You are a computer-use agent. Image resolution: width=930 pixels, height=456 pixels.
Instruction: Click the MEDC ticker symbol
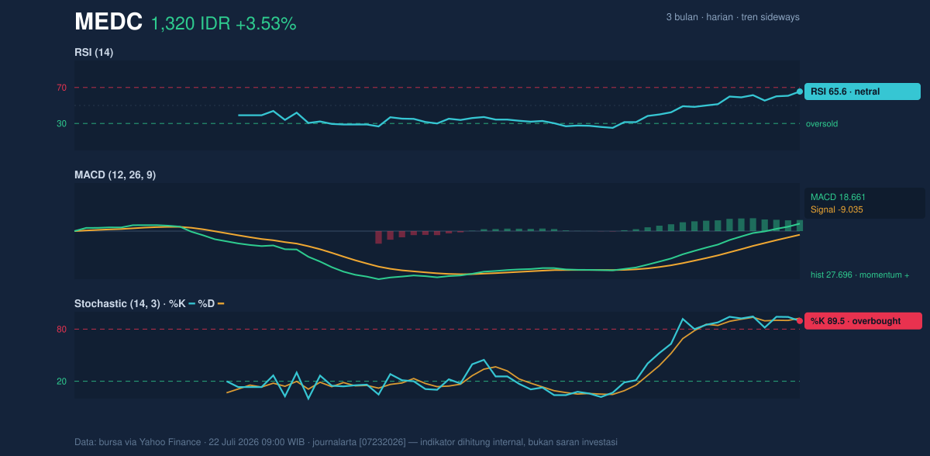108,22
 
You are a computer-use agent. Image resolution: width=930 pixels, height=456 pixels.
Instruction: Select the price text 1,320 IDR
191,24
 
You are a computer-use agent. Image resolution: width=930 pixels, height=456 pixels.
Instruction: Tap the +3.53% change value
266,24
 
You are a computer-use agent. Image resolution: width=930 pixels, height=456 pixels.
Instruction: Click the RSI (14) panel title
94,52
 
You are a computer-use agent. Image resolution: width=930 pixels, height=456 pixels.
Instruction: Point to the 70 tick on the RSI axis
61,88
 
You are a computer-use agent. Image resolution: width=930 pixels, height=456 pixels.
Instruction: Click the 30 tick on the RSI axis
61,124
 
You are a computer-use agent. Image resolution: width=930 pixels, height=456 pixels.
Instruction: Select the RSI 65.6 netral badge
863,92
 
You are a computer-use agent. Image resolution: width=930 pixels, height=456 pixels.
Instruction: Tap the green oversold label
821,124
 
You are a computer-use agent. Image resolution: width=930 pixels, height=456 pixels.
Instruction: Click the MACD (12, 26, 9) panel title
115,174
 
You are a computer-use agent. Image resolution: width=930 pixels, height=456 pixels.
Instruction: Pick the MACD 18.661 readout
838,197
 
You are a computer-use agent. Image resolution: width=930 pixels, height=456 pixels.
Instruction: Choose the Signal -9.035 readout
836,209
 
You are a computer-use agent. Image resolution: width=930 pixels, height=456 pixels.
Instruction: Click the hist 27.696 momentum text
859,275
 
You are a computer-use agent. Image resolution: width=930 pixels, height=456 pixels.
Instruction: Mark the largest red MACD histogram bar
378,237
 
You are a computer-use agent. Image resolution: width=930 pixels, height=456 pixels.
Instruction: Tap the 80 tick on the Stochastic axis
61,330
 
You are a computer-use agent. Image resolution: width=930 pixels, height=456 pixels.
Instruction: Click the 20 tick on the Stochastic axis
61,382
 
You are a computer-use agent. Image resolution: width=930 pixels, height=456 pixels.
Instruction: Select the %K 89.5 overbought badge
863,321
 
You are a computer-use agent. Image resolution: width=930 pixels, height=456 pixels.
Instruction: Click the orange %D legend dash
221,304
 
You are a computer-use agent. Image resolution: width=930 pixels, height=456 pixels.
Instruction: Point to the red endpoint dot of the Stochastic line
800,321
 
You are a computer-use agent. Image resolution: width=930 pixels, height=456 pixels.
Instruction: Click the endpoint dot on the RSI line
800,92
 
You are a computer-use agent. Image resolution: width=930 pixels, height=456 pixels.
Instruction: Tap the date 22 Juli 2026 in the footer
234,442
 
